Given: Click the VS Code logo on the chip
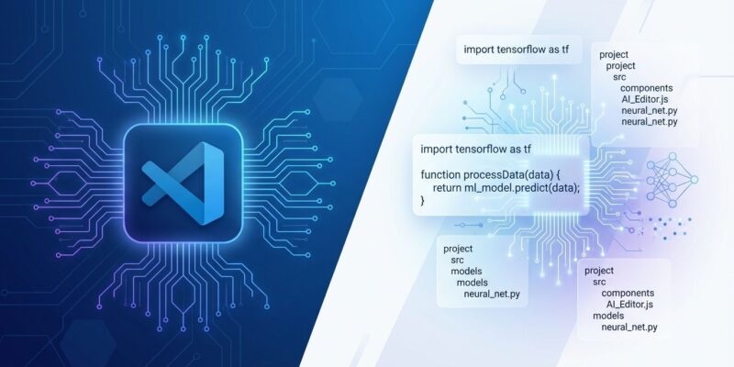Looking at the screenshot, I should (x=183, y=181).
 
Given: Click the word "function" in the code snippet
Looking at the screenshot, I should (x=445, y=174).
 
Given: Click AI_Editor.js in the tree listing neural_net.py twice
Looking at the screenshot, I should (x=651, y=99).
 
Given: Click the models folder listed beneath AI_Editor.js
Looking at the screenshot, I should (x=609, y=316).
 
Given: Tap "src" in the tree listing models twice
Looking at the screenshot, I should (x=458, y=261).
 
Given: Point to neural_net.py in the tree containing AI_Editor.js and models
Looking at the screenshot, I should (x=629, y=327).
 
